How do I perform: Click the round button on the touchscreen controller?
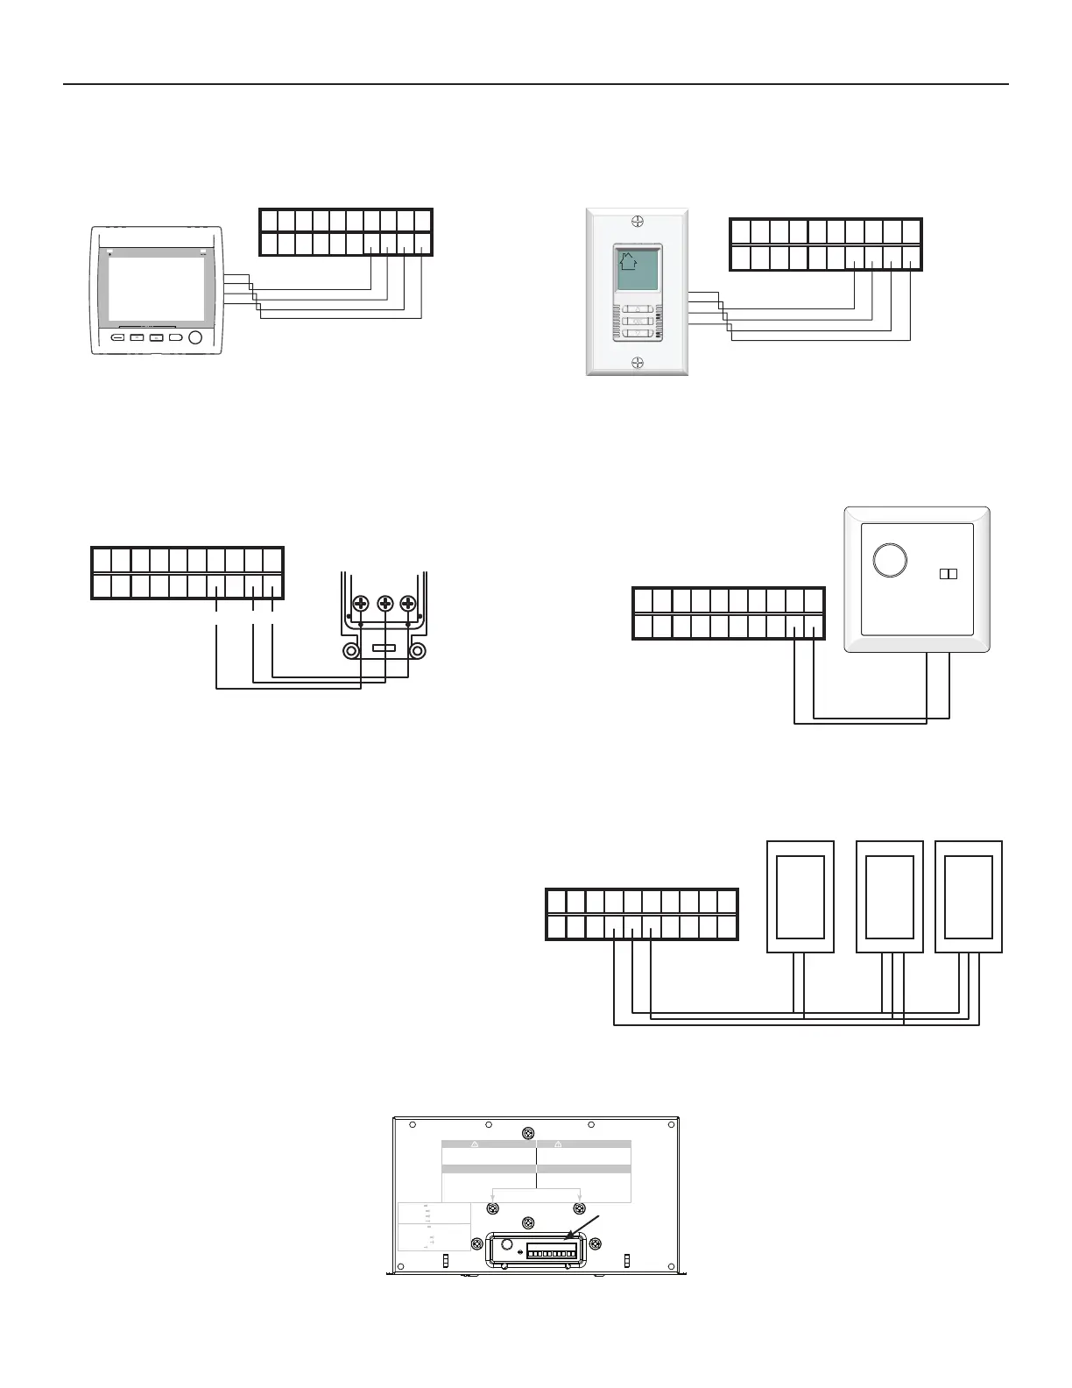[x=195, y=337]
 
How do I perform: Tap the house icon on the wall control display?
[x=627, y=261]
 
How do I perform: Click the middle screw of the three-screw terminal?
[x=384, y=605]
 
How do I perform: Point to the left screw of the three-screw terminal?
[x=360, y=605]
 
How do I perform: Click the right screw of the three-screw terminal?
[x=407, y=605]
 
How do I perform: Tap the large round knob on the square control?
[x=890, y=560]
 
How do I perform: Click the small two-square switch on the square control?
[x=948, y=574]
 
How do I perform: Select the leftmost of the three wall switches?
[x=800, y=896]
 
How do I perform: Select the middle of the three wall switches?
[x=889, y=896]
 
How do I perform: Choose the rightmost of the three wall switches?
[x=969, y=896]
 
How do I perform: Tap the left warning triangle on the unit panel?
[x=474, y=1144]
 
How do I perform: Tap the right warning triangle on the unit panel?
[x=558, y=1144]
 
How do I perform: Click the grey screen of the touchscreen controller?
[x=158, y=288]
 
